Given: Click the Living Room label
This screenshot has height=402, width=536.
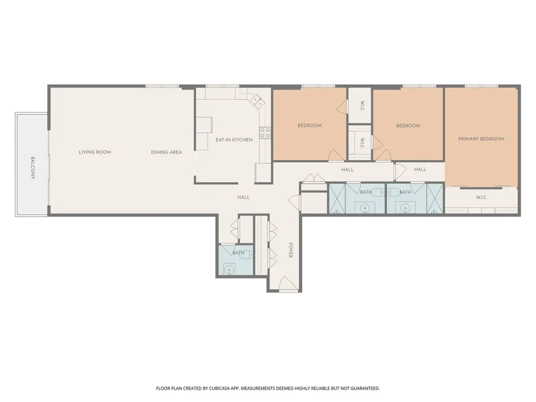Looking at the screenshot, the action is point(95,152).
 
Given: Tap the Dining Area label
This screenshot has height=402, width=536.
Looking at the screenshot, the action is point(166,152).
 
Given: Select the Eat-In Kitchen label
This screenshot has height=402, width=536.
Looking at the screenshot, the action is point(234,140).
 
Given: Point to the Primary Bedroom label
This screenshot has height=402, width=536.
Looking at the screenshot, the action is point(482,139).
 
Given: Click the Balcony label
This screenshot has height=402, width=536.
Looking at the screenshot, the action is point(33,168).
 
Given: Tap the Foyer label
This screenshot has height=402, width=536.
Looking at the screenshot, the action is point(291,250).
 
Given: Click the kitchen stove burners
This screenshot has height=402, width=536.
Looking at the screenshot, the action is point(265,132).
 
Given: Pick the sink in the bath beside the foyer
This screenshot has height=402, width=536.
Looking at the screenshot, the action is point(228,270).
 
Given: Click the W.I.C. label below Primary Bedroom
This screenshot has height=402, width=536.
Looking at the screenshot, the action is point(482,197).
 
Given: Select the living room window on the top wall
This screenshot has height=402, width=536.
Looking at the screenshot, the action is point(162,86).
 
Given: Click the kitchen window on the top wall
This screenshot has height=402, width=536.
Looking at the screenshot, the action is point(222,86).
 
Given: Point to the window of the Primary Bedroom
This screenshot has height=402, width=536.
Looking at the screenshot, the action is point(482,86).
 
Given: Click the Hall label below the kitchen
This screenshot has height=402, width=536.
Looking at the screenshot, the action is point(243,197).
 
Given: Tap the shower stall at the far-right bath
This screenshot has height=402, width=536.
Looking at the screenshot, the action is point(435,199).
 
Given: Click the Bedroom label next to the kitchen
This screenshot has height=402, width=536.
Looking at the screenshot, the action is point(310,126).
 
